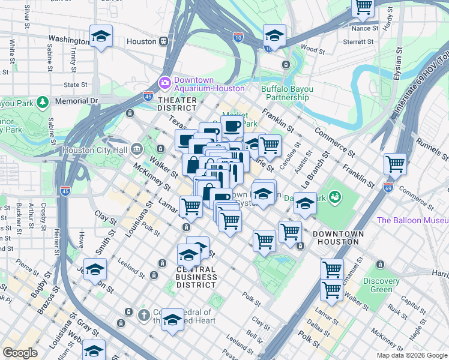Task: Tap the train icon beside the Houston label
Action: click(163, 41)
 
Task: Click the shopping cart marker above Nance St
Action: click(363, 7)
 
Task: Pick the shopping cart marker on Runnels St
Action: click(395, 163)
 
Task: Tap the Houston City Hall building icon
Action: click(136, 148)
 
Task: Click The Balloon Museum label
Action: click(412, 220)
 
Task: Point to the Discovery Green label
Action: click(381, 285)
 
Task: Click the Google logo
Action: click(20, 353)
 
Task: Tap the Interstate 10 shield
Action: click(238, 37)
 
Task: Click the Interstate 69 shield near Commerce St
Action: click(388, 188)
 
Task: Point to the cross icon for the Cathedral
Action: click(143, 314)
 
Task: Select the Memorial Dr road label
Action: click(76, 101)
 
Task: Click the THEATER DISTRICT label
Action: click(176, 104)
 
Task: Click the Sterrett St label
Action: click(358, 41)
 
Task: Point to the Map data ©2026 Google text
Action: click(411, 355)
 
